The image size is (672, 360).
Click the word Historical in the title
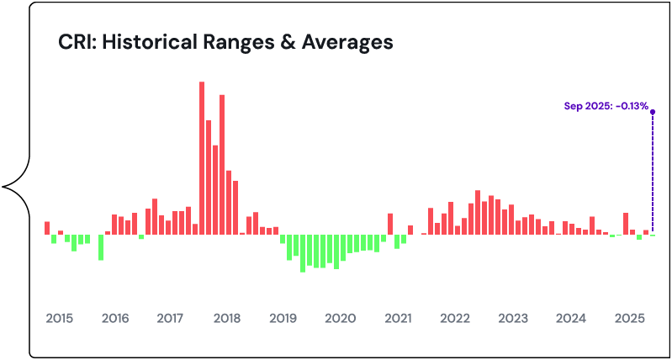[149, 42]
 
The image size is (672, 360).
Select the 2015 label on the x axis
[59, 319]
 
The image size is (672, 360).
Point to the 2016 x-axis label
[114, 319]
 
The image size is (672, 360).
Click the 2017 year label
[170, 319]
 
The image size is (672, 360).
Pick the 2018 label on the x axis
[227, 319]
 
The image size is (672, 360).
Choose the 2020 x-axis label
[340, 319]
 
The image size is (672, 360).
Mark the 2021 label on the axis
[397, 319]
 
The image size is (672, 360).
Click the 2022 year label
[454, 319]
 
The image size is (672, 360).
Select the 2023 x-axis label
[512, 319]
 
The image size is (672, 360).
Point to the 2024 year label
[571, 319]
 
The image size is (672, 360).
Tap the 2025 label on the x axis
[629, 319]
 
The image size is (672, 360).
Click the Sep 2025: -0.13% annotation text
[606, 107]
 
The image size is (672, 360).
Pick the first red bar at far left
[47, 228]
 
